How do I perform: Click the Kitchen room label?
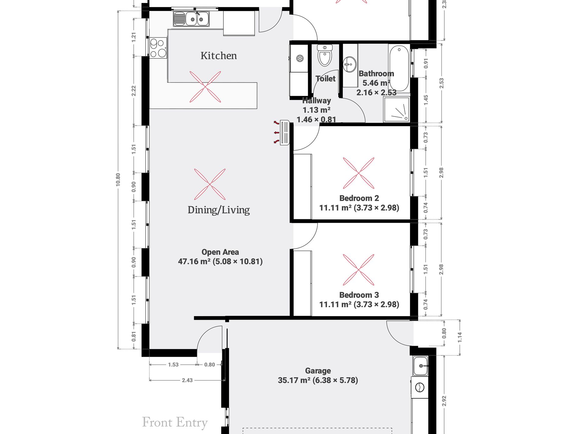(x=218, y=56)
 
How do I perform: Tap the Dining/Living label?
(x=218, y=210)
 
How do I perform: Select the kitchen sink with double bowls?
(x=191, y=19)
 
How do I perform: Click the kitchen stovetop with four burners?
(x=158, y=48)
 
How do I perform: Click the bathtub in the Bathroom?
(x=399, y=68)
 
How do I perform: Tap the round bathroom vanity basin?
(x=350, y=64)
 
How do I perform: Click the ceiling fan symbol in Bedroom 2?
(x=359, y=173)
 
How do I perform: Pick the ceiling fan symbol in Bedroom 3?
(x=359, y=270)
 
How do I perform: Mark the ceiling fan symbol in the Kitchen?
(x=205, y=87)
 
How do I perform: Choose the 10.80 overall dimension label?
(x=118, y=180)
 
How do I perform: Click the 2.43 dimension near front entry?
(x=187, y=380)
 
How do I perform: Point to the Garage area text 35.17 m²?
(x=294, y=380)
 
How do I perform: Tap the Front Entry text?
(x=175, y=422)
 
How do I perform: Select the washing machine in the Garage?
(x=420, y=387)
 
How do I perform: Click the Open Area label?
(x=220, y=252)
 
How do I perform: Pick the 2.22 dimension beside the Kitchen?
(x=134, y=91)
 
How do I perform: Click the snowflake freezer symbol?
(x=300, y=58)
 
